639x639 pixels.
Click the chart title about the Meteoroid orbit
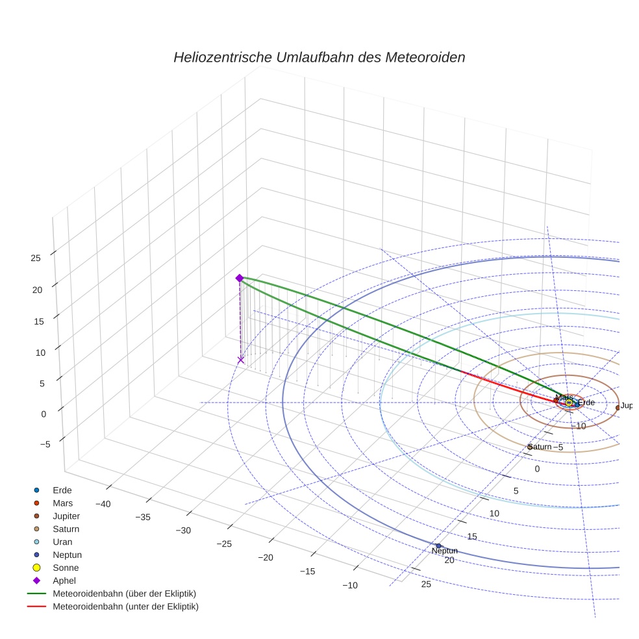[x=319, y=57]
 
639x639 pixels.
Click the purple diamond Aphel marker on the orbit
[x=239, y=278]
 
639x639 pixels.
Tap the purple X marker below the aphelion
[x=241, y=360]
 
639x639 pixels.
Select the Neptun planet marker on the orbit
[x=438, y=545]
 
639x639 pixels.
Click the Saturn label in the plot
[x=540, y=447]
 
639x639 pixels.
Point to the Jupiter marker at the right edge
[x=618, y=408]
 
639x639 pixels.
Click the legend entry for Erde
[x=62, y=490]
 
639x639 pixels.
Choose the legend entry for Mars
[x=63, y=503]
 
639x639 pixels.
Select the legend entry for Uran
[x=63, y=542]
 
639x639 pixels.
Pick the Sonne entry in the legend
[x=66, y=568]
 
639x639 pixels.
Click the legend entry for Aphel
[x=65, y=581]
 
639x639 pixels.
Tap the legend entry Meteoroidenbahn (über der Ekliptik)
[x=124, y=594]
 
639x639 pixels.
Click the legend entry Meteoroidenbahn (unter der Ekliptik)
[x=125, y=607]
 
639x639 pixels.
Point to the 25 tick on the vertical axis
[x=36, y=258]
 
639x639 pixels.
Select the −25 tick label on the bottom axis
[x=224, y=544]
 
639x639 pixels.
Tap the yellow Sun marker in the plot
[x=569, y=403]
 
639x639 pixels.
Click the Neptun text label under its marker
[x=445, y=551]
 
